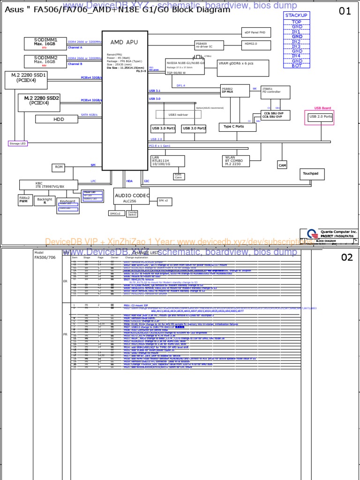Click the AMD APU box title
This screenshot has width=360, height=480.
tap(124, 42)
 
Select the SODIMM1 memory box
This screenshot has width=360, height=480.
tap(45, 43)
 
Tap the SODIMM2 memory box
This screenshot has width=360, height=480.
tap(45, 60)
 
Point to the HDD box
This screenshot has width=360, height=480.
tap(59, 120)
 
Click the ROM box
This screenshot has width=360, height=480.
tap(59, 167)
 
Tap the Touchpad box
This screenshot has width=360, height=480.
tap(311, 174)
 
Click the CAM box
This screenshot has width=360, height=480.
tap(282, 165)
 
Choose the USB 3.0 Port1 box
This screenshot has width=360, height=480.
tap(163, 128)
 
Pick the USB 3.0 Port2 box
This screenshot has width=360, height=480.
tap(194, 128)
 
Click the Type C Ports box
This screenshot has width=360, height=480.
tap(233, 127)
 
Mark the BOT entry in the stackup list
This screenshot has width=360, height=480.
tap(297, 66)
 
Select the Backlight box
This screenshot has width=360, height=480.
tap(45, 201)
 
